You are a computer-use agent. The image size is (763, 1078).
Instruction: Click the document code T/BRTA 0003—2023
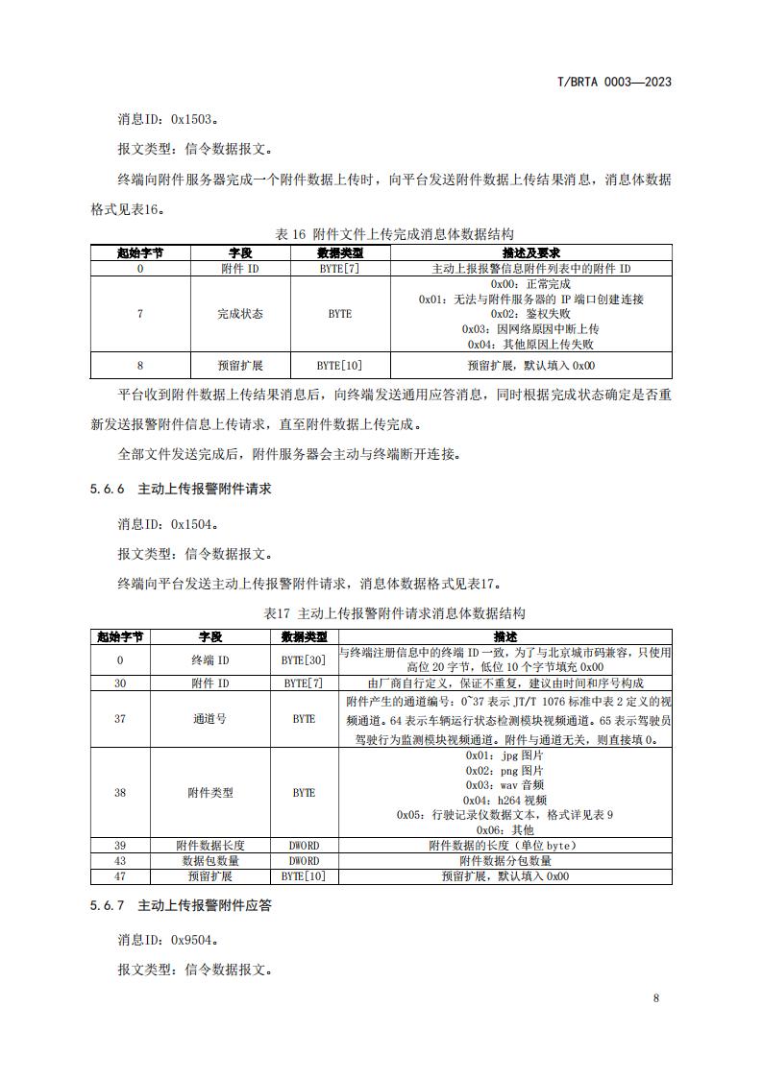coord(614,82)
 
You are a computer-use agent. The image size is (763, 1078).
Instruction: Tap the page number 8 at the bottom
coord(655,998)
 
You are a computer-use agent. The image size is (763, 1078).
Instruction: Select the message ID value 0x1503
coord(193,120)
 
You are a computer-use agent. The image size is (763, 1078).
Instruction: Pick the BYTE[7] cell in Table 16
coord(339,269)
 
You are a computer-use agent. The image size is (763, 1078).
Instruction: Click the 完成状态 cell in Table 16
coord(239,314)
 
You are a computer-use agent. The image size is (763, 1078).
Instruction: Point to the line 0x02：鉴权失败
coord(530,314)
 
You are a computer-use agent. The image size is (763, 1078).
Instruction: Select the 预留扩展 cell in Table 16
coord(239,366)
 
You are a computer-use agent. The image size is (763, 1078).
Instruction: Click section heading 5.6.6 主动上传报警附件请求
coord(181,489)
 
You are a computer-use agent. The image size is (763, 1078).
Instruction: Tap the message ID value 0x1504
coord(193,525)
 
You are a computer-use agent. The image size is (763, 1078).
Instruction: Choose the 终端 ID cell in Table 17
coord(209,660)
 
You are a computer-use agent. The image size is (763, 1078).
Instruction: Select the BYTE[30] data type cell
coord(304,660)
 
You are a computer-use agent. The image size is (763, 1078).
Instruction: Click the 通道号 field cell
coord(209,718)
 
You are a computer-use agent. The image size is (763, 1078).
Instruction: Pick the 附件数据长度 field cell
coord(209,846)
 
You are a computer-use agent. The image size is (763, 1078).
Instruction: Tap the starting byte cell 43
coord(120,861)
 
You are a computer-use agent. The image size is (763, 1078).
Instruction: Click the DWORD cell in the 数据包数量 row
coord(304,861)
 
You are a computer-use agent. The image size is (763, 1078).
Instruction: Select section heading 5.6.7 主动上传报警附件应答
coord(181,905)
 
